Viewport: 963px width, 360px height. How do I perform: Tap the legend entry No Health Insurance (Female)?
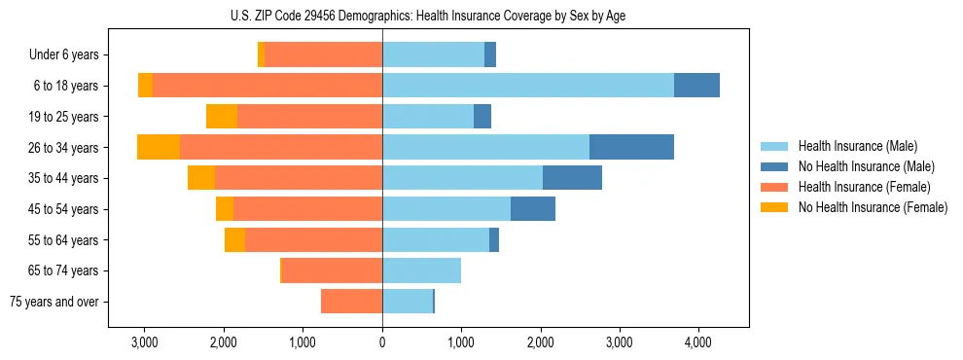click(x=872, y=207)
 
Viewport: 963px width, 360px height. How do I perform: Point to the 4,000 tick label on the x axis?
click(x=698, y=342)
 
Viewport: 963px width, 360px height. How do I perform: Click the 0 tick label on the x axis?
click(x=382, y=342)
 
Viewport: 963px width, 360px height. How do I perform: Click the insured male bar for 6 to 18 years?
click(x=527, y=86)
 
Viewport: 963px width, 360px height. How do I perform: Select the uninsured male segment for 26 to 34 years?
click(x=631, y=147)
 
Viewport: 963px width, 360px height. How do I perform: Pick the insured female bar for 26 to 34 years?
click(x=280, y=147)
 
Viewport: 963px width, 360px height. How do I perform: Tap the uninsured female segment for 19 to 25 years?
click(x=222, y=117)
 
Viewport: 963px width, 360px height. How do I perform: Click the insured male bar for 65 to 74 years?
click(x=421, y=270)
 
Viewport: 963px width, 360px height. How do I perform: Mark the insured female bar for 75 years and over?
click(x=351, y=302)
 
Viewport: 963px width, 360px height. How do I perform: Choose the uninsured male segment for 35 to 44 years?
click(x=572, y=178)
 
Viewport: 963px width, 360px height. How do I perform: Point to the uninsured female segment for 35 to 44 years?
click(x=201, y=178)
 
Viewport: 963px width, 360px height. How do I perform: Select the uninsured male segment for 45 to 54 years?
click(x=533, y=209)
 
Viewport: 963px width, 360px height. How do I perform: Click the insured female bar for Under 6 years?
click(x=323, y=55)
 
